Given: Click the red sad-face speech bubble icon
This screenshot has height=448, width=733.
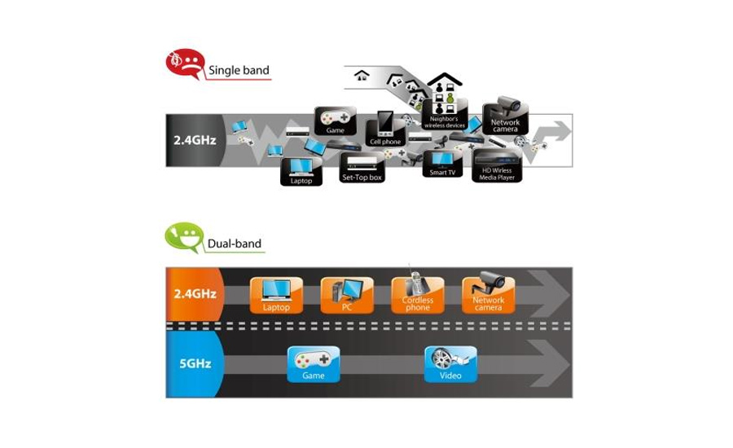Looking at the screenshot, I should [185, 65].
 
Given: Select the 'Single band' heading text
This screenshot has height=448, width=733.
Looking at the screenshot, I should [239, 71].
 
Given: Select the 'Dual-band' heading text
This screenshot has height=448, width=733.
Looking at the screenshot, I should [235, 243].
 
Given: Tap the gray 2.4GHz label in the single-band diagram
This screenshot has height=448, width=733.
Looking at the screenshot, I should [195, 140].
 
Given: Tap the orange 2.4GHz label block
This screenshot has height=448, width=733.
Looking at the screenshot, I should [195, 294].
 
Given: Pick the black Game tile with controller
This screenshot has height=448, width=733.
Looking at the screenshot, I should [336, 121].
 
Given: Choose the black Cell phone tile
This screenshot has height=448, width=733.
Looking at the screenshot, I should [385, 129].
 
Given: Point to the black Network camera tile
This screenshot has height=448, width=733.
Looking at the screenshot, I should [505, 119].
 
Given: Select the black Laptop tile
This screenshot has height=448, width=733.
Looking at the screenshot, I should [301, 171].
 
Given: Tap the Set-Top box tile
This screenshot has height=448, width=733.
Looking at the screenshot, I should [362, 169].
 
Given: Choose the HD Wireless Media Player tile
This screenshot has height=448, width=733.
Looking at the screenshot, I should [497, 165].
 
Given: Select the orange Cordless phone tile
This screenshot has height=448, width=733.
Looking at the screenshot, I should [418, 295].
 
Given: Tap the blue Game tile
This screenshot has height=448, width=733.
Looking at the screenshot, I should [314, 363].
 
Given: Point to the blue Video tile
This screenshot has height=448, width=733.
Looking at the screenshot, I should [450, 363].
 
